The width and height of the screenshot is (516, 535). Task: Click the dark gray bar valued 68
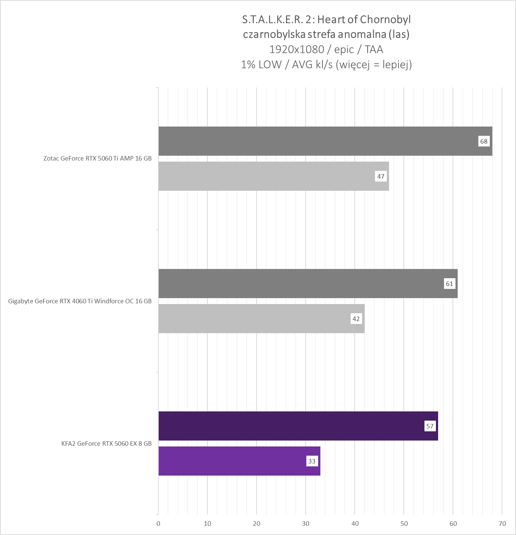tap(325, 141)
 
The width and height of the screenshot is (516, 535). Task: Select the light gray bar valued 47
tap(273, 176)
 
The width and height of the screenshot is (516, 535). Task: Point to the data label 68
tap(484, 141)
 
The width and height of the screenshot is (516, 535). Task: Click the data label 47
tap(381, 176)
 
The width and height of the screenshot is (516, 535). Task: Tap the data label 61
tap(449, 284)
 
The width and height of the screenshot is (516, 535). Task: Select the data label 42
tap(356, 319)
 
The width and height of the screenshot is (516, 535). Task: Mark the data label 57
tap(430, 426)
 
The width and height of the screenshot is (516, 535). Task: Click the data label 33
tap(312, 461)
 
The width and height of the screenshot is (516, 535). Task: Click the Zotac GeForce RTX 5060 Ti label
tap(97, 159)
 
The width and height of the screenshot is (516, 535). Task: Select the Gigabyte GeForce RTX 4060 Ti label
tap(80, 301)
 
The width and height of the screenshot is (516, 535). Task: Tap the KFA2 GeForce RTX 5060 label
tap(106, 443)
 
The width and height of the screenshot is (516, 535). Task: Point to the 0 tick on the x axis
tap(158, 524)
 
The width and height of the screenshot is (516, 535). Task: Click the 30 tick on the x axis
tap(306, 524)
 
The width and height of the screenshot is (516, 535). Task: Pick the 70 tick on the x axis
tap(502, 524)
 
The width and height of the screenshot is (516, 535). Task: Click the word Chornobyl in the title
tap(385, 19)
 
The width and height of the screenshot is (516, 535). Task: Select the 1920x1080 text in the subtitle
tap(296, 49)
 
